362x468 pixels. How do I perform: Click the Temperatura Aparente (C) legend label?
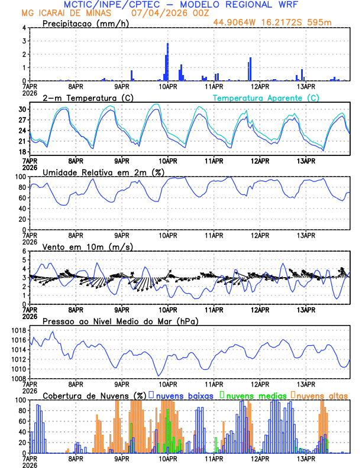click(266, 97)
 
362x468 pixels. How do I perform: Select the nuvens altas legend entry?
click(321, 395)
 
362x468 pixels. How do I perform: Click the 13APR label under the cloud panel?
click(305, 459)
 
